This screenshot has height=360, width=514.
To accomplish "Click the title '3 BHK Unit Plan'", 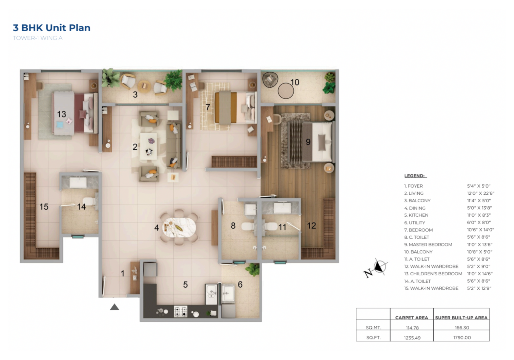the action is [x=52, y=28].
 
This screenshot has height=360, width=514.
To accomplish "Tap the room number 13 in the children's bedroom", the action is [x=61, y=114].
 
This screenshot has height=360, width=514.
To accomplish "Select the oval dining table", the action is [x=179, y=228].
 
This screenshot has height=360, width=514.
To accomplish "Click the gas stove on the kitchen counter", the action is [x=181, y=311].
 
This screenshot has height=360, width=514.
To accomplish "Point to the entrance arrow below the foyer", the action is [x=114, y=307].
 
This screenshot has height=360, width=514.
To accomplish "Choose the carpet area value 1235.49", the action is [x=412, y=338].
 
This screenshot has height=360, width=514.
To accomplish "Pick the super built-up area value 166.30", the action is [x=462, y=328].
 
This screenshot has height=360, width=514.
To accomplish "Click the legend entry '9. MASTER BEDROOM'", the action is [x=428, y=244].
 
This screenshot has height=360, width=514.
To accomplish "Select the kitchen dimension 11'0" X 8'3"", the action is [x=479, y=215].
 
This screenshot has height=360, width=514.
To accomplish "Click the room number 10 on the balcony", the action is [x=295, y=82].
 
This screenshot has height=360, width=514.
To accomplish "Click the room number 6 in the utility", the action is [x=240, y=285].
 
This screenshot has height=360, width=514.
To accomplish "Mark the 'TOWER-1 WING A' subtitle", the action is [x=38, y=38].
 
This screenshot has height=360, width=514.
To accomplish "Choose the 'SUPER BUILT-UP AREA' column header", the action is [x=461, y=318].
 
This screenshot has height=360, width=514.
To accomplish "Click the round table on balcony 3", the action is [x=144, y=86].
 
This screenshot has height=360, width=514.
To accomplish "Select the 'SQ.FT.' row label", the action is [x=374, y=338].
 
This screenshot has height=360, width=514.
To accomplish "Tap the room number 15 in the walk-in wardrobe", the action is [x=44, y=207].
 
